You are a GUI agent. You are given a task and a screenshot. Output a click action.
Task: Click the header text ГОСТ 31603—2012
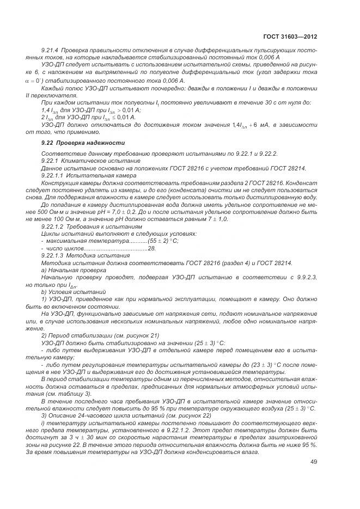tap(290, 36)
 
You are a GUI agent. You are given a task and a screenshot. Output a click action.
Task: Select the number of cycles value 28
tap(152, 248)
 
